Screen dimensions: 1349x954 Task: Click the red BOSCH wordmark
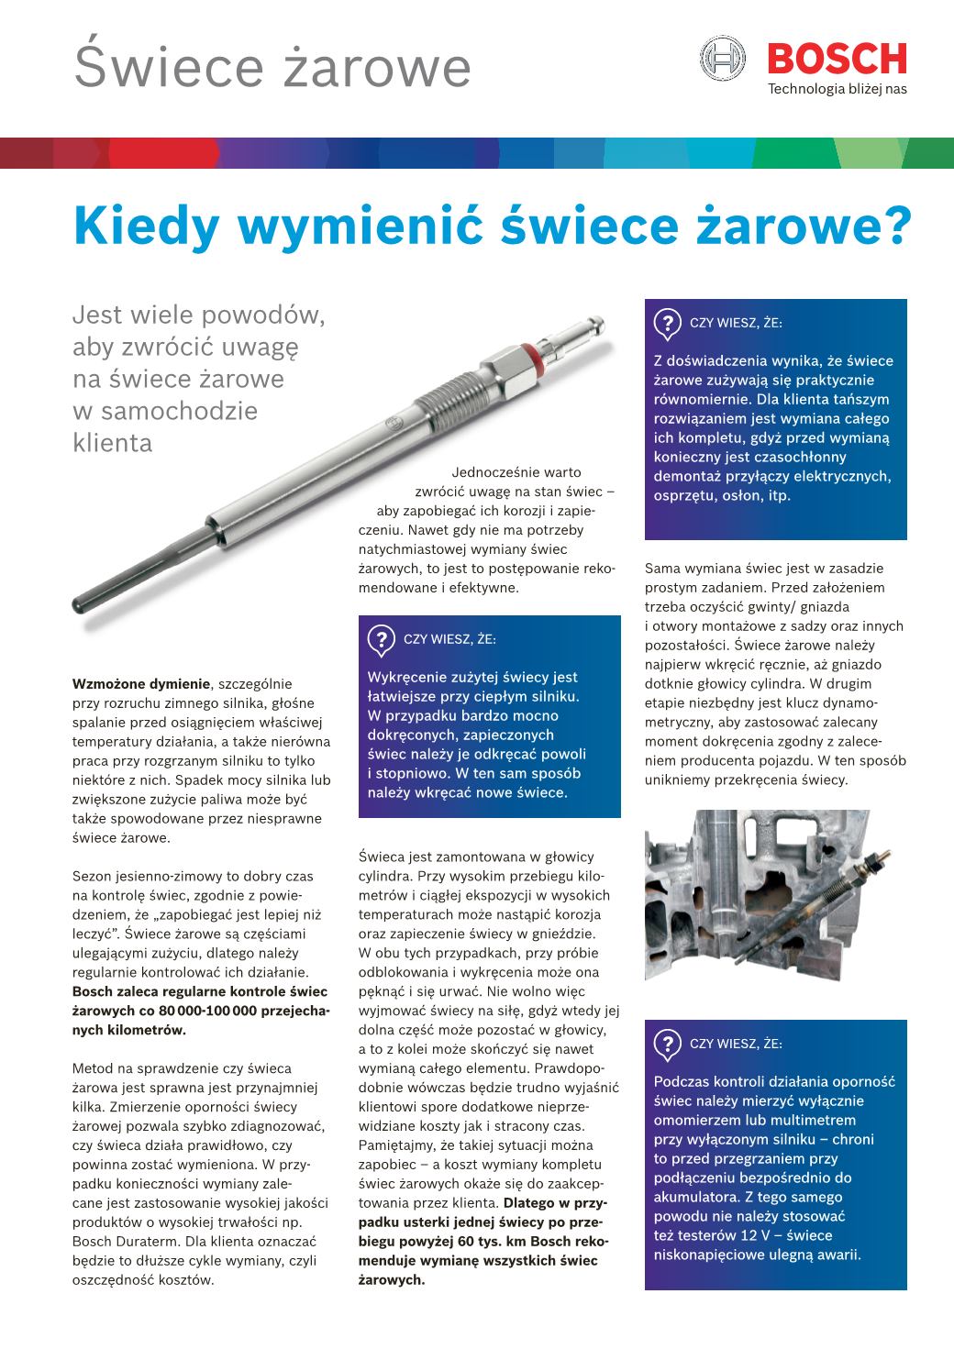[x=836, y=59]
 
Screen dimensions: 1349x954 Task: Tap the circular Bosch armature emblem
[x=721, y=59]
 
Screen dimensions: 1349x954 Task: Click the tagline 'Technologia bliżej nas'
[x=837, y=89]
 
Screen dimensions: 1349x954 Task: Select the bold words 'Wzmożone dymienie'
[x=141, y=683]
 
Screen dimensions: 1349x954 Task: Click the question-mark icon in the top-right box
[x=667, y=323]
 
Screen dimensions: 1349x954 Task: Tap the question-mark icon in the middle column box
[x=381, y=639]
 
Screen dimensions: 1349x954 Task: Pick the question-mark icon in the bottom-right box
[x=667, y=1044]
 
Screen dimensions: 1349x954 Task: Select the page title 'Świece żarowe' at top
[x=272, y=67]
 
